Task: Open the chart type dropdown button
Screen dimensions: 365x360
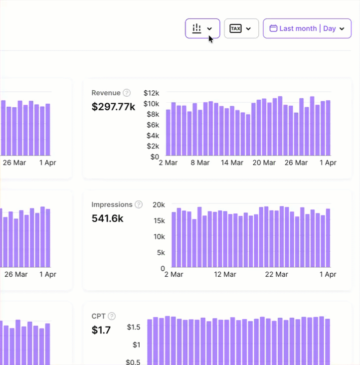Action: [202, 28]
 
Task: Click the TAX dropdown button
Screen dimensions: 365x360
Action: [241, 28]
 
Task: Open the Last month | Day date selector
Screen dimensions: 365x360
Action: [307, 28]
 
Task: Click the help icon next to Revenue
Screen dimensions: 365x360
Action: [127, 93]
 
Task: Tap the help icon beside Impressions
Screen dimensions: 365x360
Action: [139, 204]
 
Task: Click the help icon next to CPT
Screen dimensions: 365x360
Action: [112, 316]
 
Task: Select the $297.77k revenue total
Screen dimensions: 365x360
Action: [113, 106]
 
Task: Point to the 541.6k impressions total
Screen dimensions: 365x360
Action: [108, 218]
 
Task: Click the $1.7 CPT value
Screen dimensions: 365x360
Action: [101, 330]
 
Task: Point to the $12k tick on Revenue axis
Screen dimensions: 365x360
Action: [151, 93]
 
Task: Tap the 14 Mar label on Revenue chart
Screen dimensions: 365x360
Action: [232, 163]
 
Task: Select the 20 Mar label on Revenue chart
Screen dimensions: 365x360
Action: [264, 163]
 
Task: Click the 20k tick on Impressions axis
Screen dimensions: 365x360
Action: [159, 204]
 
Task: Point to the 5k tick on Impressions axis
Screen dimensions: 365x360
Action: [161, 252]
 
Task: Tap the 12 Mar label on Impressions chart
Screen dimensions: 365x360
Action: [225, 274]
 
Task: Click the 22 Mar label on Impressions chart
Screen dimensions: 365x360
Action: [277, 274]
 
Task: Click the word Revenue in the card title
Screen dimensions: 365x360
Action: [106, 93]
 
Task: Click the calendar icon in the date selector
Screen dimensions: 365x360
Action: [273, 28]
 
